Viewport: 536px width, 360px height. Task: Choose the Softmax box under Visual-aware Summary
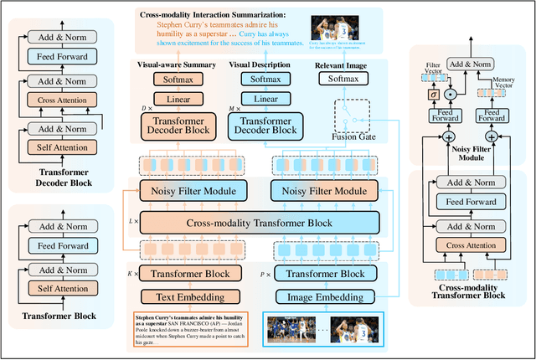[177, 80]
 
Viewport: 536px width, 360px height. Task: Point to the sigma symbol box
[434, 94]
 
